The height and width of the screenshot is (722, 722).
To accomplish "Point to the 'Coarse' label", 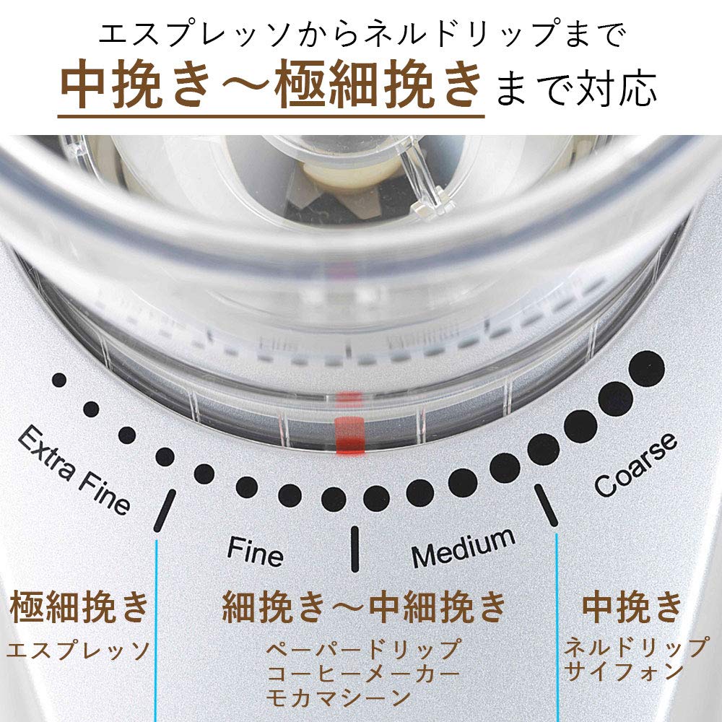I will [635, 464].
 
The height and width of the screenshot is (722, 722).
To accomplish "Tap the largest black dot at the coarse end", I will [647, 367].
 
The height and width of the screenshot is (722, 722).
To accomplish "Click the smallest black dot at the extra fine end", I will [59, 380].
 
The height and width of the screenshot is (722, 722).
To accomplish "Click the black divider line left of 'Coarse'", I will [546, 504].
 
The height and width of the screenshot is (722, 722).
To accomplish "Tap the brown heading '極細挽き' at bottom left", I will [79, 606].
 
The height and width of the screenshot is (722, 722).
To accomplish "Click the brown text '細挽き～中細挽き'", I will [365, 606].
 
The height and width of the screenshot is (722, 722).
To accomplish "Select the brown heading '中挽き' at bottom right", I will [632, 606].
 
